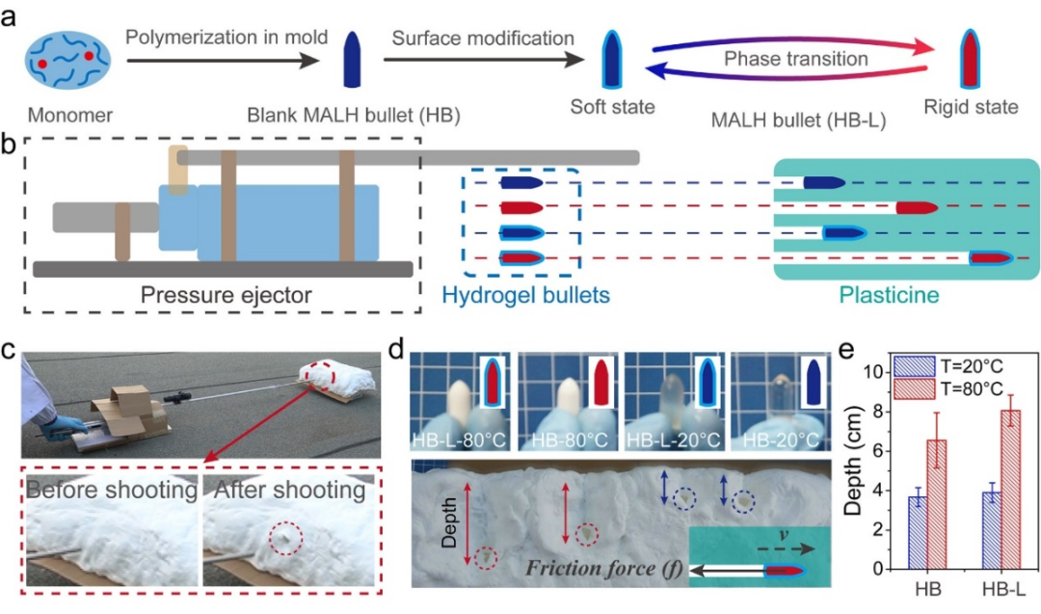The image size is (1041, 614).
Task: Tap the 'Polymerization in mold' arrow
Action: point(223,61)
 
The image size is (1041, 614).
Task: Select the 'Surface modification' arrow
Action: point(483,60)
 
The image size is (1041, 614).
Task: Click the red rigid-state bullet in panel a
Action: point(971,59)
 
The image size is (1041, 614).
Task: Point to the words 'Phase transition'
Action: point(795,59)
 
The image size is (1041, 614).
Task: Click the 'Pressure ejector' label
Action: point(226,295)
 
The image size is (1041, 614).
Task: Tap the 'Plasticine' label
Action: point(889,295)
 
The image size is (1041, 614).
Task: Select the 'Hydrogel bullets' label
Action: point(526,295)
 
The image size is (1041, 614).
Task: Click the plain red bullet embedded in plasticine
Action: point(917,208)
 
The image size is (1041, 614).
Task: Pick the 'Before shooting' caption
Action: point(112,490)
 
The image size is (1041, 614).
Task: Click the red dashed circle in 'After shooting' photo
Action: point(286,538)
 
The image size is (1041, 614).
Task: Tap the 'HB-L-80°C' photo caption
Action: point(460,440)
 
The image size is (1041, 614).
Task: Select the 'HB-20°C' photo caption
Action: point(781,440)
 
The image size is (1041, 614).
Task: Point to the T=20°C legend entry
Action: point(948,367)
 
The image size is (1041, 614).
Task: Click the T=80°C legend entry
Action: point(948,388)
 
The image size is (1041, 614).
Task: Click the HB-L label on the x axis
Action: point(1003,589)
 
